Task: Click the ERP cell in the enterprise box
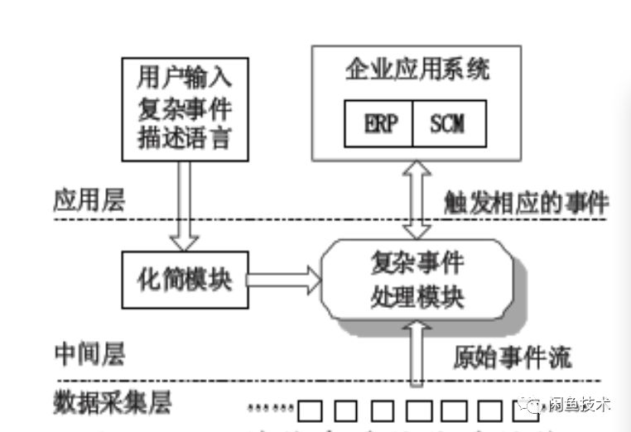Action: (382, 124)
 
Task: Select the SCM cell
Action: (447, 124)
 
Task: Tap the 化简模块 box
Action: (185, 278)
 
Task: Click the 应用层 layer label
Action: (89, 201)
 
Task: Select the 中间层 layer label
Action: (89, 356)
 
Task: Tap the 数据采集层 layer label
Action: (113, 403)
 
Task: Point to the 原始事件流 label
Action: (513, 357)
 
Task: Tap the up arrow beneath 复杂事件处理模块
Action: (417, 353)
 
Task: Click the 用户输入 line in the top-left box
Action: (184, 78)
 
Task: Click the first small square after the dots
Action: (310, 409)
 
